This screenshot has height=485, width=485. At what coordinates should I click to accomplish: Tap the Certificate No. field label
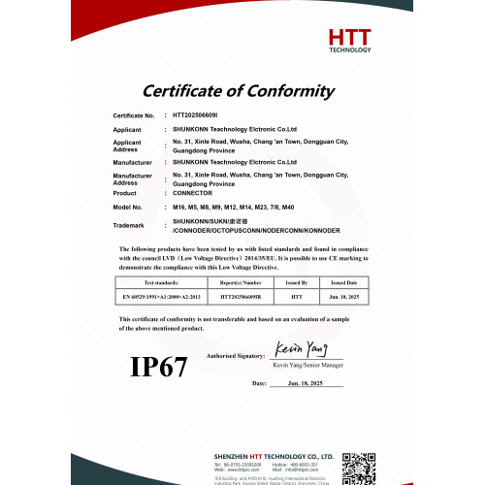(134, 115)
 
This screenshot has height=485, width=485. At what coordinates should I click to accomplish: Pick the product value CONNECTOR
(194, 193)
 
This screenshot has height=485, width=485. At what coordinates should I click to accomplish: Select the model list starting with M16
(233, 208)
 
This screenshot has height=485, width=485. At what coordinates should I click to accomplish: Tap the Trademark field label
(128, 226)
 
